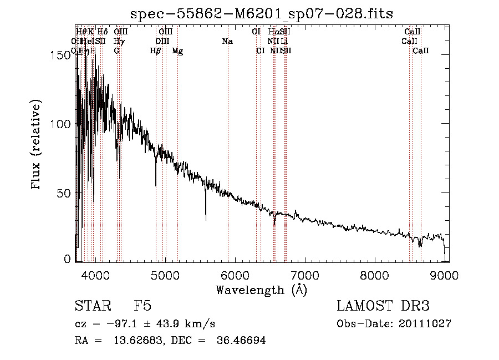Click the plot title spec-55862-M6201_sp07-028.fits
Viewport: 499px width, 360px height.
click(261, 14)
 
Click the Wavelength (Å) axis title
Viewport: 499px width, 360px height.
click(261, 290)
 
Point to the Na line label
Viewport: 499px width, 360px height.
click(227, 42)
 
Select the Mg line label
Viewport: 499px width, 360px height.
click(177, 51)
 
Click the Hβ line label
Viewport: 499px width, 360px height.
click(156, 51)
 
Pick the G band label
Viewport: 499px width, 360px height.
click(116, 51)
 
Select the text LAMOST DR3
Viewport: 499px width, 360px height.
click(383, 306)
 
